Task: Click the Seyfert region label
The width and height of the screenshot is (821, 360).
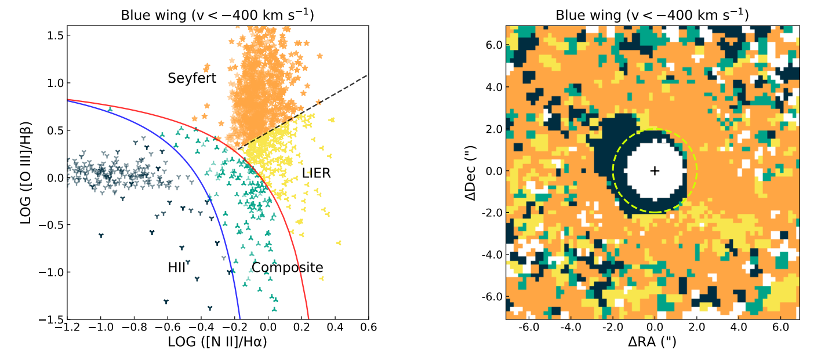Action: click(192, 78)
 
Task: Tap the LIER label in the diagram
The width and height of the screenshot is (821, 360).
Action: click(316, 173)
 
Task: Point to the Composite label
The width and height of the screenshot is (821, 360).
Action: click(287, 268)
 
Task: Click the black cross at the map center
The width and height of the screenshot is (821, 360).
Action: click(655, 170)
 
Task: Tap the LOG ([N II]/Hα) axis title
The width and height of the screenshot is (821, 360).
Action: click(217, 343)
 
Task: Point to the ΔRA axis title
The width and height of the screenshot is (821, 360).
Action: click(652, 343)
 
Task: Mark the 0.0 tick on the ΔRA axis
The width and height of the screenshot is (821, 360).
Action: click(655, 328)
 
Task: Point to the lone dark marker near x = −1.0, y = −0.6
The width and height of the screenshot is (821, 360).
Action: click(101, 235)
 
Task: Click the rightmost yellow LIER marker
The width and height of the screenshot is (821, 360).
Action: click(339, 242)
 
